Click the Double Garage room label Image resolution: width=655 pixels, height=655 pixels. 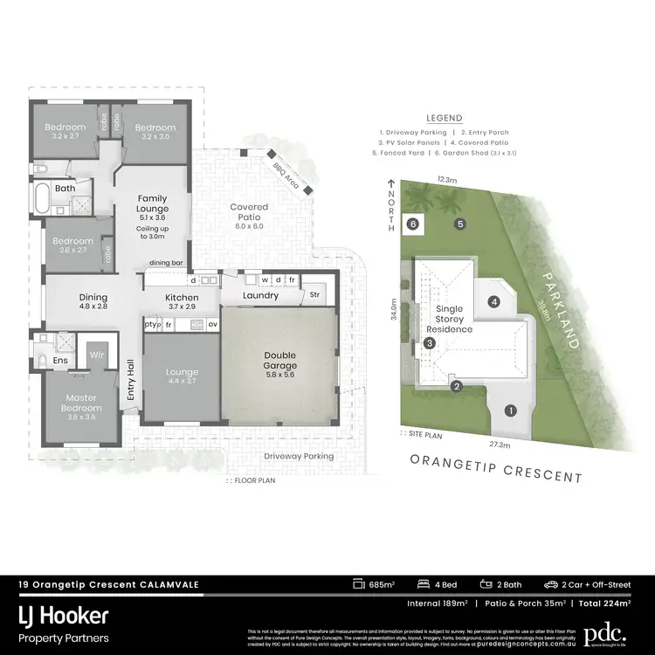coord(280,360)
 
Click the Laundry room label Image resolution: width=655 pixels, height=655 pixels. coord(261,295)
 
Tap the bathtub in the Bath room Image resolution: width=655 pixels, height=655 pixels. coord(42,199)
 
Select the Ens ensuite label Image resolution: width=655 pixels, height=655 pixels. coord(61,359)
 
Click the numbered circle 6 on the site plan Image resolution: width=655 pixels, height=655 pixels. coord(413,224)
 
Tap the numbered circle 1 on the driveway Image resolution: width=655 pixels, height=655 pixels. coord(511,410)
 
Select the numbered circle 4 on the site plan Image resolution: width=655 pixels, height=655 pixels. coord(493,302)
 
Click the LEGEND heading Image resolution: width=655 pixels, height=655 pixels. coord(444,118)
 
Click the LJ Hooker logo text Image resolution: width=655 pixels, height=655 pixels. coord(65,616)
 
